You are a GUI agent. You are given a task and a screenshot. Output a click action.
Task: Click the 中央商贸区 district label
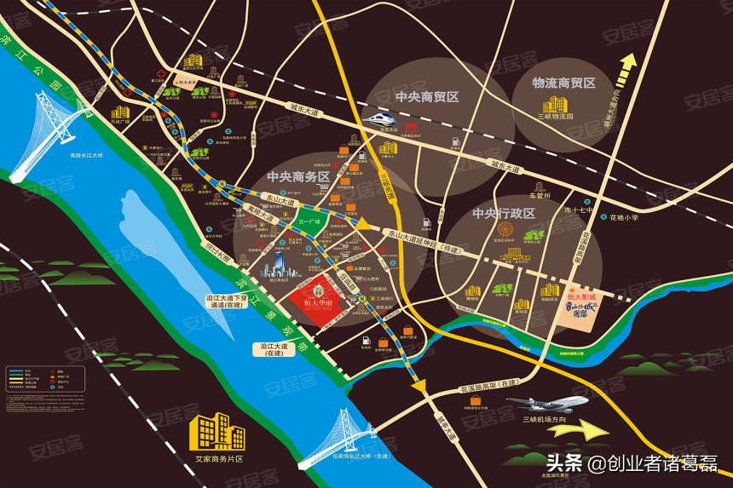point(426,96)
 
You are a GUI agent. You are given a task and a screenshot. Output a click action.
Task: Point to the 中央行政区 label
point(503,213)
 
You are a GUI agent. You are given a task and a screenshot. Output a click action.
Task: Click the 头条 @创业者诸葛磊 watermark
point(631,464)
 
